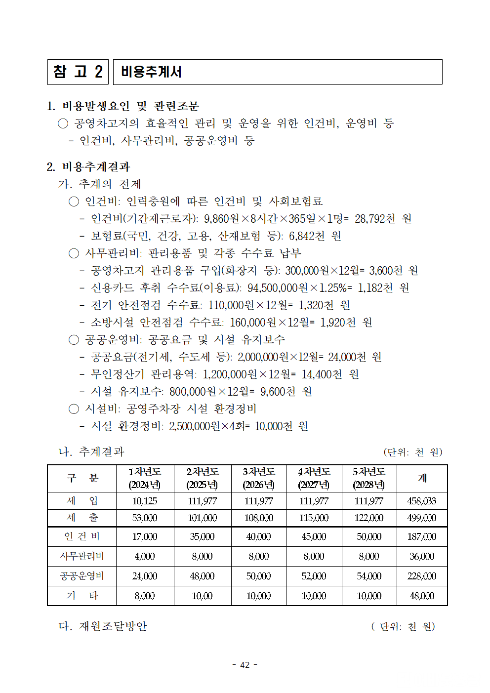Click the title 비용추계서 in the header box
(x=151, y=72)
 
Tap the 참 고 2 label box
(x=78, y=72)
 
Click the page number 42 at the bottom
(x=245, y=665)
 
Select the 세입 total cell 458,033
(x=421, y=501)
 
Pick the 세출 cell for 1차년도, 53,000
(x=145, y=518)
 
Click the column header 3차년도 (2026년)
(x=259, y=478)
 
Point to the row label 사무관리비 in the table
(x=82, y=556)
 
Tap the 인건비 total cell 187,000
(x=421, y=536)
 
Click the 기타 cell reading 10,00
(x=202, y=596)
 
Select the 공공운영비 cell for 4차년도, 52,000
(x=314, y=576)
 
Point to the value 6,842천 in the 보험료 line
(x=307, y=236)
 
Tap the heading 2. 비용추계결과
(x=88, y=167)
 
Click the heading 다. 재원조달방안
(x=103, y=626)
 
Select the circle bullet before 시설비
(x=74, y=409)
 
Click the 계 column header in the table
(x=422, y=478)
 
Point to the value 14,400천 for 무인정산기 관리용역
(x=322, y=374)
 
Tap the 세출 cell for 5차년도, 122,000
(x=369, y=518)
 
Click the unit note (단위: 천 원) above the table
(x=412, y=452)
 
